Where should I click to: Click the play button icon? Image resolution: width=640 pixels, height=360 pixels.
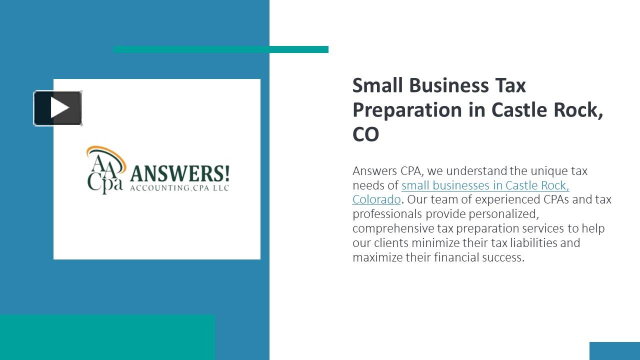[x=58, y=108]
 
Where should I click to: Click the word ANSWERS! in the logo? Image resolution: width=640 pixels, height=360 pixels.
[x=179, y=174]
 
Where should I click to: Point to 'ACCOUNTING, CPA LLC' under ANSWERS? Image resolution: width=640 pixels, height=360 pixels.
[x=179, y=188]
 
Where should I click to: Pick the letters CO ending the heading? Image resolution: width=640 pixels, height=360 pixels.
[x=365, y=134]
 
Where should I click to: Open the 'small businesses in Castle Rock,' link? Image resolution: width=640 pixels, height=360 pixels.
[x=485, y=185]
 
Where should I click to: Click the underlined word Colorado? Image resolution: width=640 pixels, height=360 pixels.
[x=376, y=199]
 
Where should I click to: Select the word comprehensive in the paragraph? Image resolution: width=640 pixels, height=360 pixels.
[x=392, y=228]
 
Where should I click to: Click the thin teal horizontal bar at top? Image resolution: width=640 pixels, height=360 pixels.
[x=220, y=49]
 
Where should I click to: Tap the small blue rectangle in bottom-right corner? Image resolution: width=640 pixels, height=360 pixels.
[x=614, y=351]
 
